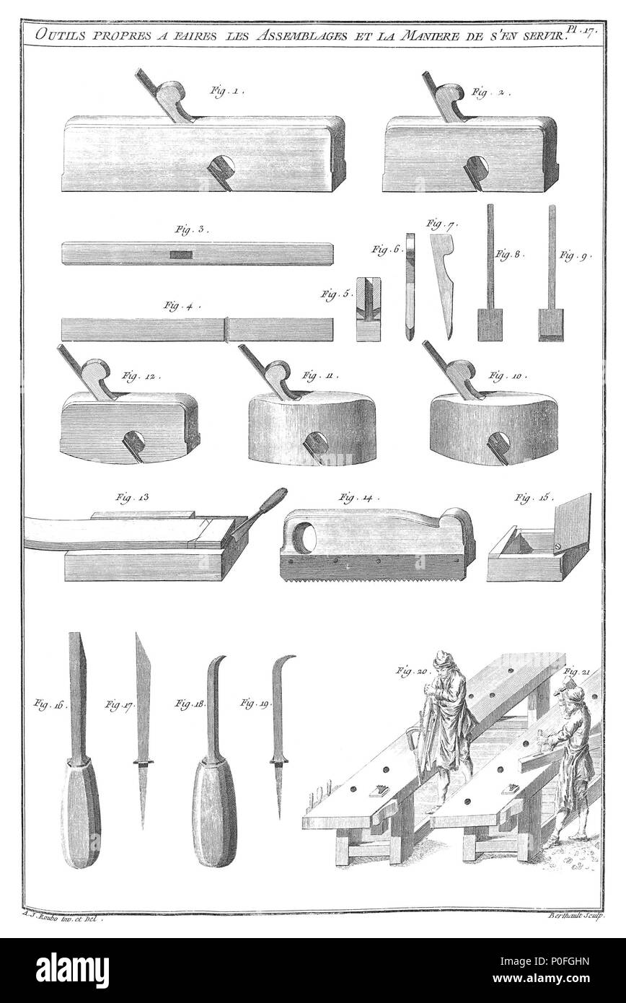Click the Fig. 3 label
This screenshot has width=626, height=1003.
190,230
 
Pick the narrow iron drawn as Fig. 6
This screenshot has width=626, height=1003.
410,286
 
